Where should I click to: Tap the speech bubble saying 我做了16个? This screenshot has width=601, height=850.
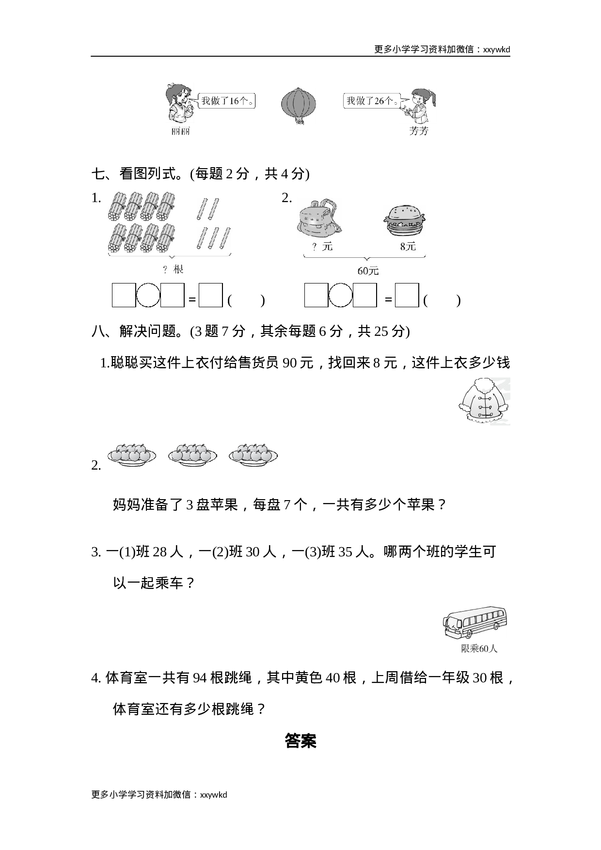click(226, 101)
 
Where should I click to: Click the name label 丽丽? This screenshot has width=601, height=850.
click(181, 131)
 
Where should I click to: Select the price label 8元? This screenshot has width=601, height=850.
click(408, 246)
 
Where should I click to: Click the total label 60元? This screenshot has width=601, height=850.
click(368, 270)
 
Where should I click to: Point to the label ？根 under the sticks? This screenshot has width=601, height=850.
click(174, 269)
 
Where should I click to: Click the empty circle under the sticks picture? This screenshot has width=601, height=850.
click(148, 296)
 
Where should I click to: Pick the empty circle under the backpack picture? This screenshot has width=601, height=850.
click(340, 296)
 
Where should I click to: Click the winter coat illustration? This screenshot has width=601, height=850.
click(480, 401)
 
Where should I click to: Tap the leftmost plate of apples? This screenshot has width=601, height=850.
click(131, 455)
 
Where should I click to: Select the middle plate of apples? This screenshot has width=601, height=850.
click(192, 455)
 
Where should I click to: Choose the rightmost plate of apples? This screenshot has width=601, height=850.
click(253, 455)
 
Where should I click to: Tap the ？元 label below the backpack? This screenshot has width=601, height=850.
click(322, 246)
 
